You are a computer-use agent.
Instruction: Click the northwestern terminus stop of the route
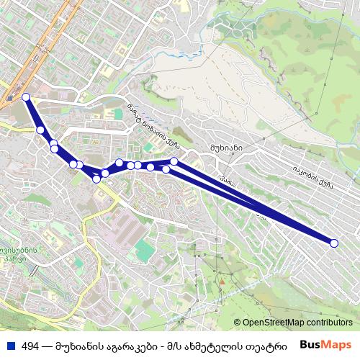[x=26, y=97]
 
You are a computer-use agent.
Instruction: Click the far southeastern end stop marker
[x=333, y=243]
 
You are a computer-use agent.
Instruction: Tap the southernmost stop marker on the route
[x=96, y=179]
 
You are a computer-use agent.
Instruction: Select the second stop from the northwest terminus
[x=41, y=130]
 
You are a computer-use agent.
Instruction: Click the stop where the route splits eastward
[x=174, y=162]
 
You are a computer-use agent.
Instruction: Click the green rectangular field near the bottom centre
[x=145, y=251]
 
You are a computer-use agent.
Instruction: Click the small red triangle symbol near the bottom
[x=222, y=282]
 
